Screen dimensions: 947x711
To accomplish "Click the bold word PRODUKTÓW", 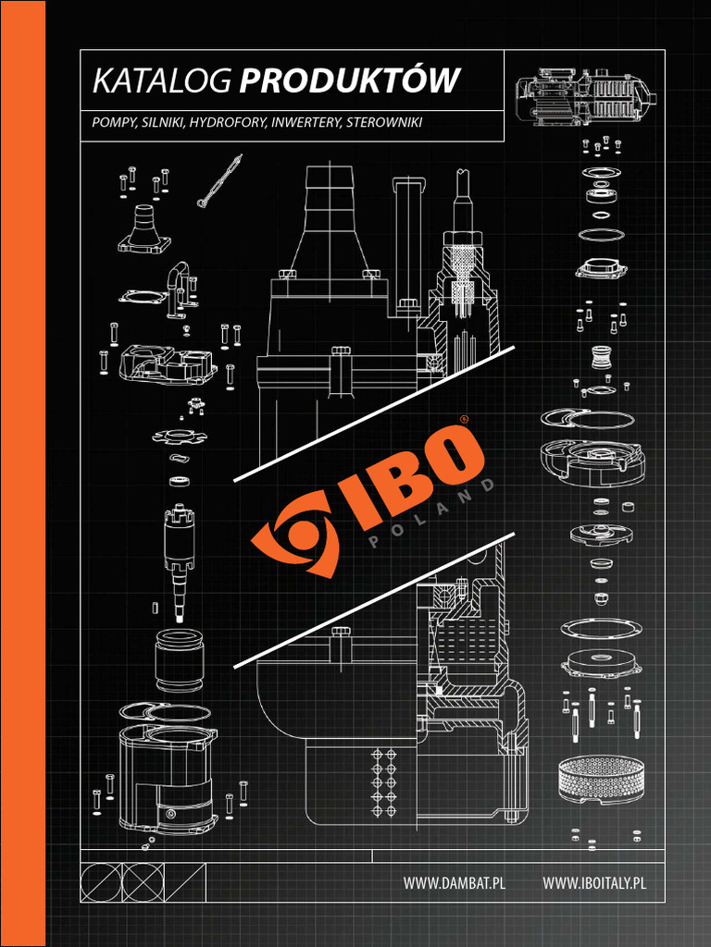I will (x=349, y=81).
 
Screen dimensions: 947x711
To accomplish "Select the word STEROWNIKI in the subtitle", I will (x=384, y=122).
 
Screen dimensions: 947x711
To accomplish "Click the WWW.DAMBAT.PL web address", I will (x=454, y=883).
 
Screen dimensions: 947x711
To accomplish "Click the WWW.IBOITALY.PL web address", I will (x=593, y=883).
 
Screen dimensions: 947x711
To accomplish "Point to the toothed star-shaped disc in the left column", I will (x=178, y=435).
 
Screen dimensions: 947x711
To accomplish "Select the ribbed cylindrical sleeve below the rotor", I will (x=179, y=659).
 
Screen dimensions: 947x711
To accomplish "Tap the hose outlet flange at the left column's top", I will (x=144, y=230).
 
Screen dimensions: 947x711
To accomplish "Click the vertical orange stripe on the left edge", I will (x=22, y=473).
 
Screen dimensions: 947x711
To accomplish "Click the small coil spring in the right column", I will (x=602, y=358).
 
